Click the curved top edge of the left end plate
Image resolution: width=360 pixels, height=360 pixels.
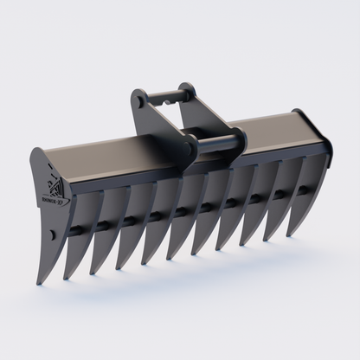(38, 156)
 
